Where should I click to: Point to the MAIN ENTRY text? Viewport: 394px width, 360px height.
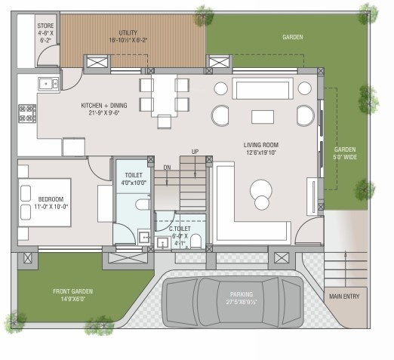344,297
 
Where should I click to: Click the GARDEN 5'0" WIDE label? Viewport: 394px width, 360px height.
345,153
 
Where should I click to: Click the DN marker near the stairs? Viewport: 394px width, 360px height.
167,167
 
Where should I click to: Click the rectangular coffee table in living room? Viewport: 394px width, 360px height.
262,116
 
